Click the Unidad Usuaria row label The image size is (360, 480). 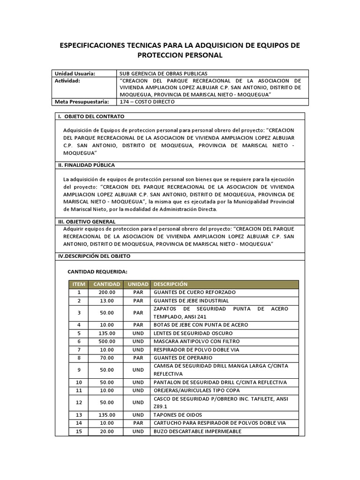(75, 74)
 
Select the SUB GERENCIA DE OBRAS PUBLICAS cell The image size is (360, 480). (164, 74)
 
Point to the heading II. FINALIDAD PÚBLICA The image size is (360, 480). (86, 165)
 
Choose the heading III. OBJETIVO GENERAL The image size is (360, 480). (87, 221)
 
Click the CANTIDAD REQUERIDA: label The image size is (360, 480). (97, 271)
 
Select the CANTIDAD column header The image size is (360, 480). (107, 284)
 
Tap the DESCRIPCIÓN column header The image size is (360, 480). (170, 284)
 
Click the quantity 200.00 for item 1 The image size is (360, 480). (107, 292)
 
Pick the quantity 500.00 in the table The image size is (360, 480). (107, 341)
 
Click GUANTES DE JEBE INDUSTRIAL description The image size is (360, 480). (191, 300)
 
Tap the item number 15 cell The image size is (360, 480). (79, 431)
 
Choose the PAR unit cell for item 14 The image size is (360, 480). (138, 423)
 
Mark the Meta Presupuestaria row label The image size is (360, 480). (82, 101)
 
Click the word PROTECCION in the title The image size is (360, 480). (160, 55)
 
